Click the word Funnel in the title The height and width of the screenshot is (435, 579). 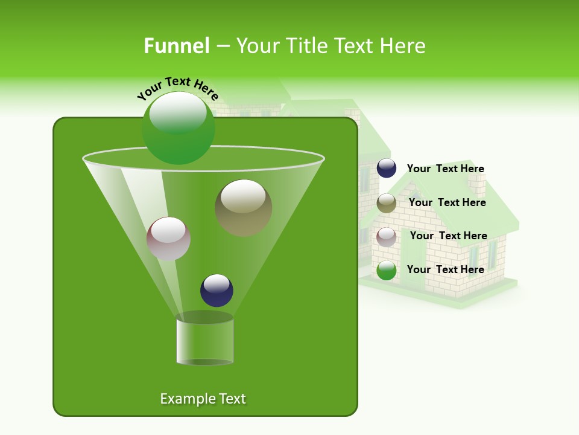(176, 46)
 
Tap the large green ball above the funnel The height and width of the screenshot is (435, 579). (178, 128)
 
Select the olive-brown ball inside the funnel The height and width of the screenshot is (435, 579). (243, 208)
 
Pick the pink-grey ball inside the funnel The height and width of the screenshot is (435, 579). (168, 239)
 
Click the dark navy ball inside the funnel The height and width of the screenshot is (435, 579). (217, 290)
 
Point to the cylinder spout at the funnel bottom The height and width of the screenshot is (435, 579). (204, 341)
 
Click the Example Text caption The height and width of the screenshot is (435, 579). (203, 399)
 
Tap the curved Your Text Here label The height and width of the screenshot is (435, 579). (177, 88)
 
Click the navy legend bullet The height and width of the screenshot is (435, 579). (387, 169)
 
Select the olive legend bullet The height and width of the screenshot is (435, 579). (387, 203)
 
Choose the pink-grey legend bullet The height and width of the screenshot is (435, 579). (387, 237)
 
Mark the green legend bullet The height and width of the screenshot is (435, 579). (387, 271)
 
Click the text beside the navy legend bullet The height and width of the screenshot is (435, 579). (445, 169)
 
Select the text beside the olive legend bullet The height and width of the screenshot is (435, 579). (447, 203)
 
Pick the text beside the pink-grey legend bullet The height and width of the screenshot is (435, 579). (448, 236)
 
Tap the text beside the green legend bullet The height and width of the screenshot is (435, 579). (445, 269)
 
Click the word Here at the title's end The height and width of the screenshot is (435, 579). (402, 46)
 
